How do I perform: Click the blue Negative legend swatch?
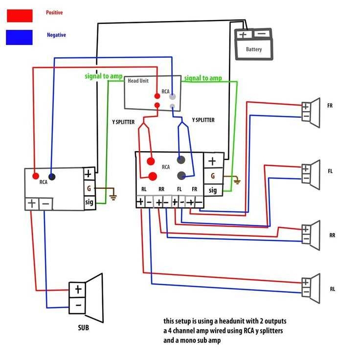(20, 37)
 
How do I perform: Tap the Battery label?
(254, 49)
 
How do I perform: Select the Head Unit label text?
(138, 81)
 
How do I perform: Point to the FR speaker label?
(330, 105)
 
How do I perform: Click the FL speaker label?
(330, 171)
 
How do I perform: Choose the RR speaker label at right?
(332, 235)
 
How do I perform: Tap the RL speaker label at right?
(332, 289)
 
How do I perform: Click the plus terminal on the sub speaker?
(78, 290)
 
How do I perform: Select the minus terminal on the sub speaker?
(78, 307)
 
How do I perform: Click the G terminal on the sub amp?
(89, 187)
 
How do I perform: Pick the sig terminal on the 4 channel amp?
(213, 190)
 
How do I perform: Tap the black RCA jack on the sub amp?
(52, 177)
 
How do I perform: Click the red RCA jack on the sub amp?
(36, 176)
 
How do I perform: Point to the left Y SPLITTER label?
(123, 122)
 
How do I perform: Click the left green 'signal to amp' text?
(104, 76)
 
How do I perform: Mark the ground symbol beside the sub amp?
(113, 197)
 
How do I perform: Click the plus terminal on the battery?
(243, 35)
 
